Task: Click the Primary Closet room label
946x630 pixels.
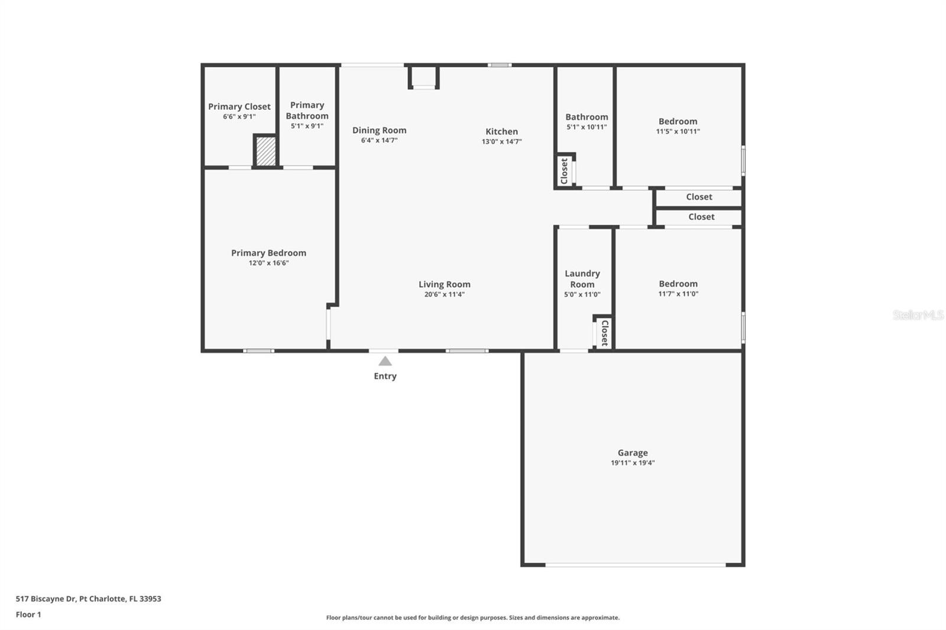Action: click(239, 106)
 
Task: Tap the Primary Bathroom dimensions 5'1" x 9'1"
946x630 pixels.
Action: click(307, 126)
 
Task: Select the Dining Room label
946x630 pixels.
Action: click(379, 130)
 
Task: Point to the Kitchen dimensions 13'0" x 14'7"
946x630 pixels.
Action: click(502, 141)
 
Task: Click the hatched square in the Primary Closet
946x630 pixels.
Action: click(266, 151)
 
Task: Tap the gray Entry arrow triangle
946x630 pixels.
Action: click(385, 361)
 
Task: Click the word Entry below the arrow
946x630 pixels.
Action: click(385, 376)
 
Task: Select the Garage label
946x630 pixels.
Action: click(633, 453)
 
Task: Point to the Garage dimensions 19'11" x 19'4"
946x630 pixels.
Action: click(633, 463)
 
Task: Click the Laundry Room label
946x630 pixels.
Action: click(582, 279)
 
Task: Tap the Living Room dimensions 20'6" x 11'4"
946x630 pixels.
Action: click(444, 294)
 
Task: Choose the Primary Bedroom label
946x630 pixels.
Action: click(268, 252)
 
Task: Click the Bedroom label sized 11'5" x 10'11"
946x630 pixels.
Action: click(678, 121)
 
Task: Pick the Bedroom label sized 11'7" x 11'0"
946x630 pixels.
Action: click(678, 284)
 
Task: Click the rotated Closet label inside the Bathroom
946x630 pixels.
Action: click(564, 171)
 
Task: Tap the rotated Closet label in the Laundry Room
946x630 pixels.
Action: click(604, 333)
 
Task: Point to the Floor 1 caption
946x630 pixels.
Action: click(28, 615)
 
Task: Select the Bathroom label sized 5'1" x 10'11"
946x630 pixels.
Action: click(587, 117)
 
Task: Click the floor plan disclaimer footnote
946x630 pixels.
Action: click(472, 618)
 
